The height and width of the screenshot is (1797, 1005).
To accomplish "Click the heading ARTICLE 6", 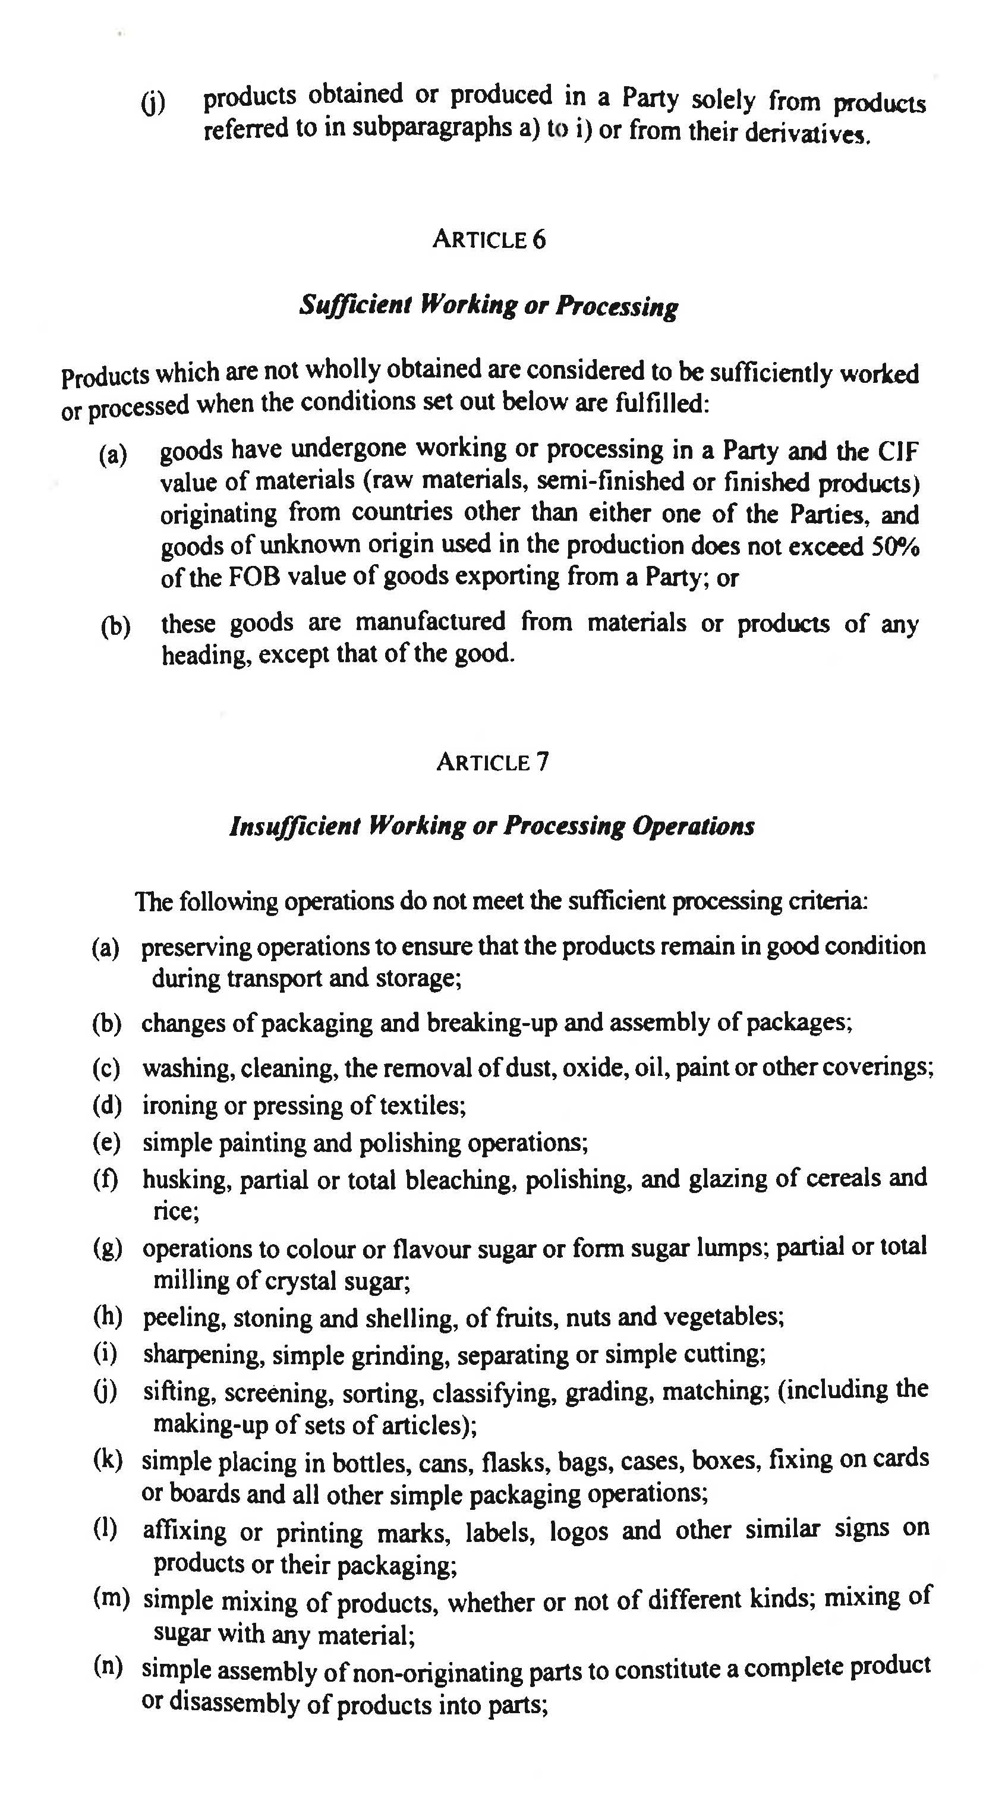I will coord(489,240).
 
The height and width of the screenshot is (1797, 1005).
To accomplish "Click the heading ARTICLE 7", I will coord(492,761).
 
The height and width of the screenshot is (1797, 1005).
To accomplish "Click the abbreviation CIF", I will coord(897,451).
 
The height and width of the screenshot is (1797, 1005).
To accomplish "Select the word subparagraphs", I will coord(431,128).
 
